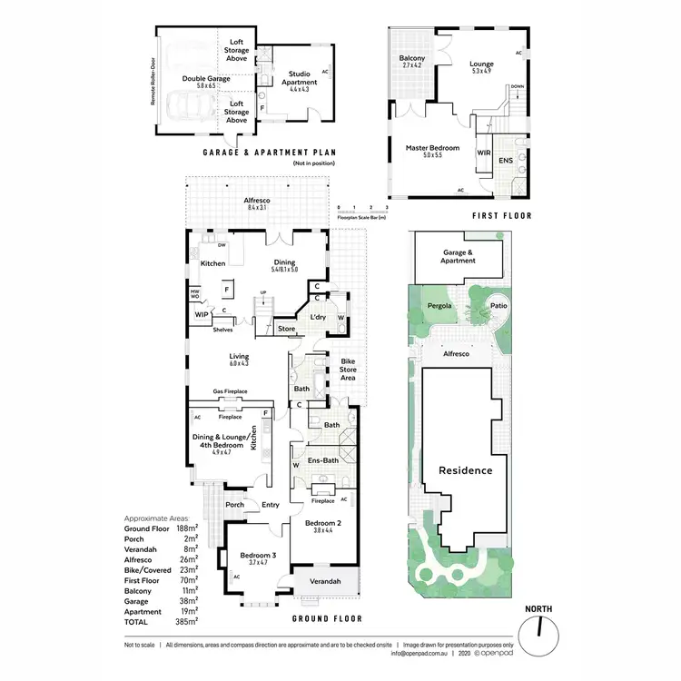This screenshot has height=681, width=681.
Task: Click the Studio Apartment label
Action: point(299,78)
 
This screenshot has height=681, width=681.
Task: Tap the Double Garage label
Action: point(205,79)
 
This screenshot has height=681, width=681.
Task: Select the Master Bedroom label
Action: point(432,147)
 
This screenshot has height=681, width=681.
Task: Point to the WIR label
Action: point(483,153)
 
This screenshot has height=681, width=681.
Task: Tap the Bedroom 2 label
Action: point(322,523)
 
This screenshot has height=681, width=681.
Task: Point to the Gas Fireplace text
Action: point(231,391)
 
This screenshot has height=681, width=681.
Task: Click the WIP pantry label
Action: point(201,315)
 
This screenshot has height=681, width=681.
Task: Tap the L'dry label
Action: point(317,317)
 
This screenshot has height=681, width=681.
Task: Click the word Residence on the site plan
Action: point(465,470)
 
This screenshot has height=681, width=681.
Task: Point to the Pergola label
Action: point(439,307)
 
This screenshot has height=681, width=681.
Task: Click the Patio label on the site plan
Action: point(498,307)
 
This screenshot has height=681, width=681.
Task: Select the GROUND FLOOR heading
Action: point(327,618)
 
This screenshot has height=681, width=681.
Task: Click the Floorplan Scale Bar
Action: point(361,212)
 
